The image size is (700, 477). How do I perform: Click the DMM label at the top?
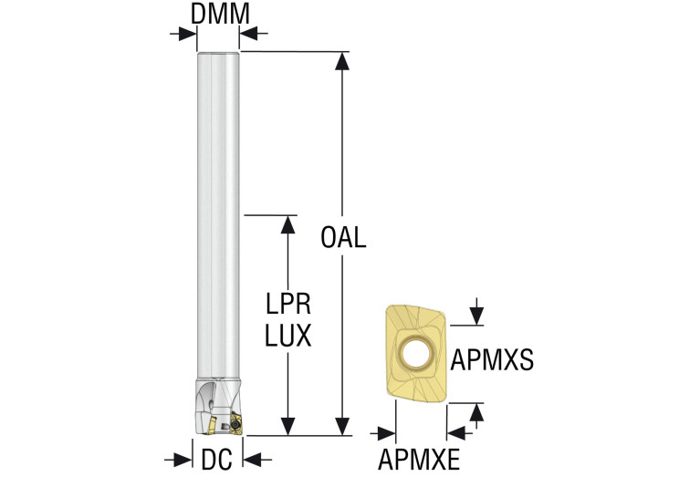click(x=218, y=14)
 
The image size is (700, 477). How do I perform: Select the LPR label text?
click(x=288, y=304)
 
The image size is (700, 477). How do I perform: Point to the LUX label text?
click(x=288, y=336)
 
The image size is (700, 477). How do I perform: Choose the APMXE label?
click(x=420, y=459)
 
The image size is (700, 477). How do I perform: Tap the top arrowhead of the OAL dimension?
click(x=341, y=61)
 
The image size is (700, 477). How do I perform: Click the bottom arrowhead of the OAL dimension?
click(x=341, y=427)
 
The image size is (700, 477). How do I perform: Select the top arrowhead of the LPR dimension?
click(x=288, y=224)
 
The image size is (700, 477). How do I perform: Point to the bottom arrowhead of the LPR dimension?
click(x=288, y=427)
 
